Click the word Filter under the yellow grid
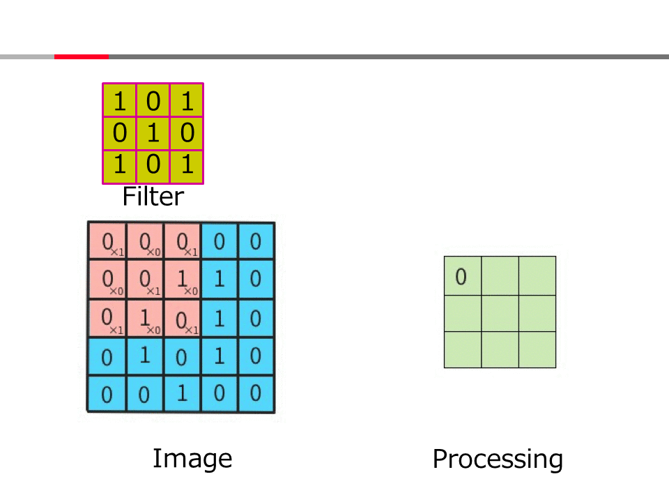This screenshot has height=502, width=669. (153, 197)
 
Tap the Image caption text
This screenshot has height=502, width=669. (192, 459)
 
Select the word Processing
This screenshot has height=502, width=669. (498, 459)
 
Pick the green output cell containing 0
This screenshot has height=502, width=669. (463, 276)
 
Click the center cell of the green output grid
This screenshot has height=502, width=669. (500, 313)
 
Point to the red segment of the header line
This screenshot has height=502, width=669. (81, 56)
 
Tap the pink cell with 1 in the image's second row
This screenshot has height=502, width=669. (182, 280)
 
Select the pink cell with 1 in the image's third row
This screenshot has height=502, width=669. (145, 318)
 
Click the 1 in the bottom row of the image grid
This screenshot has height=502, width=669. (182, 393)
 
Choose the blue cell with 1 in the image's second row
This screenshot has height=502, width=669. (219, 280)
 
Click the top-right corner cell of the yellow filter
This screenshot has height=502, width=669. (187, 100)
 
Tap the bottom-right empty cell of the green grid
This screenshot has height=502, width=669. (537, 350)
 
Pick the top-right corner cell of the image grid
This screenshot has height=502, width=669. (256, 242)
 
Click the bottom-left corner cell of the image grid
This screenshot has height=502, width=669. (107, 393)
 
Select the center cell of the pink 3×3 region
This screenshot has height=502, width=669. (145, 280)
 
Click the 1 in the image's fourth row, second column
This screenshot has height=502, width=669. (145, 356)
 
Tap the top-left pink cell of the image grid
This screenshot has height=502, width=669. (107, 242)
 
